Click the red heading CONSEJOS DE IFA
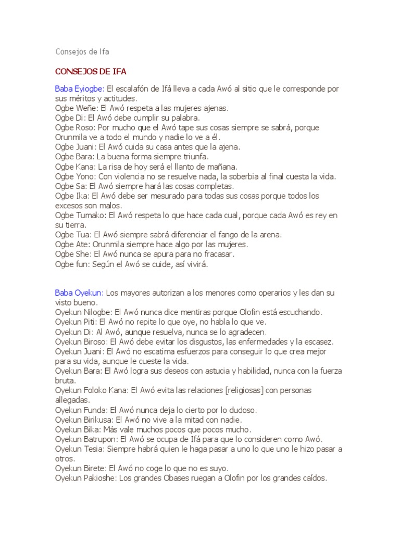[x=91, y=71]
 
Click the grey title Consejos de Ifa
[x=82, y=52]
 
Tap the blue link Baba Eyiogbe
[x=80, y=88]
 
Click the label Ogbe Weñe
[x=76, y=108]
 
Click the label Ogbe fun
[x=72, y=264]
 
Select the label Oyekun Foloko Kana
[x=91, y=390]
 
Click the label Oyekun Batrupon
[x=86, y=439]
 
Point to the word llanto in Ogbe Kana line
[x=175, y=167]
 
